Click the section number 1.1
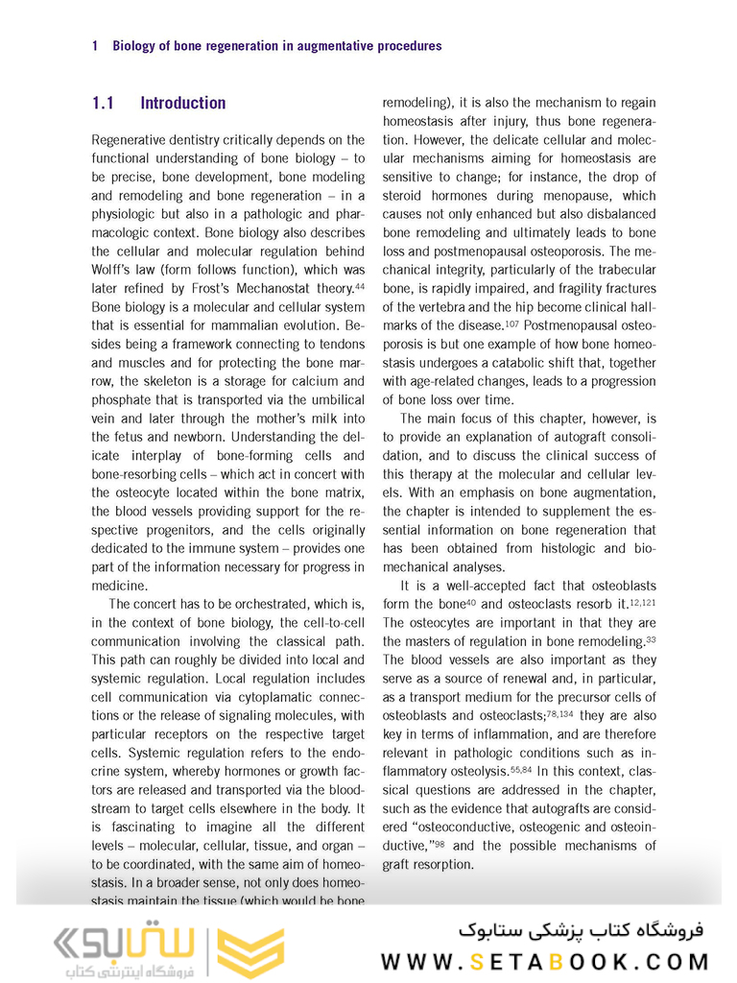coord(103,103)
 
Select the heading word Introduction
coord(183,103)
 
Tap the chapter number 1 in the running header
coord(95,45)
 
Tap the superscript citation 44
coord(359,285)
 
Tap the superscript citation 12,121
coord(642,601)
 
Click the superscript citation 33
coord(651,638)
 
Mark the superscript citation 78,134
coord(560,712)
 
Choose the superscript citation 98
coord(440,843)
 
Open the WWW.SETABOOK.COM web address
coord(544,961)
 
